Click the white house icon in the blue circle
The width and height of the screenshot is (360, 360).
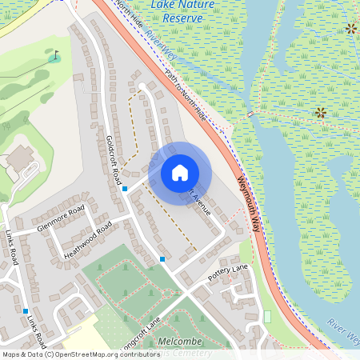click(180, 173)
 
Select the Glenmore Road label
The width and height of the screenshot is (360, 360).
click(59, 218)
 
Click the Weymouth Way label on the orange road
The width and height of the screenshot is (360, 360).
click(249, 195)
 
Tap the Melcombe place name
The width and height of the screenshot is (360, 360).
click(181, 342)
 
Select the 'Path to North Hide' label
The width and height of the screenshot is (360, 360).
click(186, 94)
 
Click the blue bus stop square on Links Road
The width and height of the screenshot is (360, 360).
click(26, 311)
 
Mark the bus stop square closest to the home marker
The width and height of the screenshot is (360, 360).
click(125, 189)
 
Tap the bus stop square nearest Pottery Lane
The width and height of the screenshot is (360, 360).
click(162, 258)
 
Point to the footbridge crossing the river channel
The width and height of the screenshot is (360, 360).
click(252, 114)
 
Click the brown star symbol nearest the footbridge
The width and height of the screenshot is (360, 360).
click(321, 113)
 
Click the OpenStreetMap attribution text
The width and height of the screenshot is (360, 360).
click(70, 354)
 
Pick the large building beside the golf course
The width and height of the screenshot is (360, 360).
click(19, 164)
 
